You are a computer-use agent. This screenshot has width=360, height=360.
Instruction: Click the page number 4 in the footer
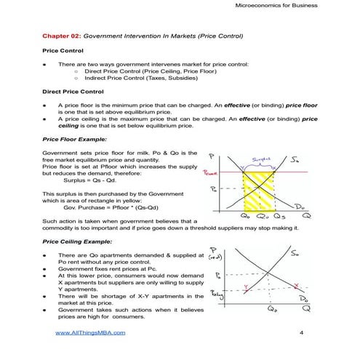pyautogui.click(x=301, y=332)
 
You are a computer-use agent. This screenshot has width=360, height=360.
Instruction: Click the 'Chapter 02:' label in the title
pyautogui.click(x=63, y=35)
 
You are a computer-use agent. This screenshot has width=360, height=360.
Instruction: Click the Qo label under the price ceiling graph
pyautogui.click(x=271, y=308)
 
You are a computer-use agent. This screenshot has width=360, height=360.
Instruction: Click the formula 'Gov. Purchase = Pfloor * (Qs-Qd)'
pyautogui.click(x=110, y=207)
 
